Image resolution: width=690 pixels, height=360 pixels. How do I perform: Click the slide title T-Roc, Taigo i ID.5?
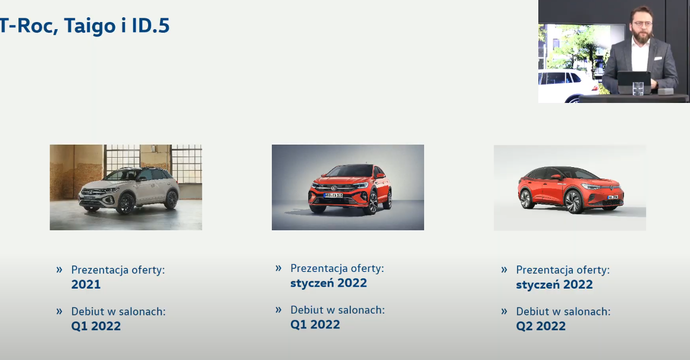tap(84, 26)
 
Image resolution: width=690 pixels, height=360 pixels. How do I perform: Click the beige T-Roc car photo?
tap(126, 187)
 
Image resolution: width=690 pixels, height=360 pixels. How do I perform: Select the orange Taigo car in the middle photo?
tap(350, 189)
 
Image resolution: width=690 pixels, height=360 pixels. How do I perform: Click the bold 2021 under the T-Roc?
tap(86, 284)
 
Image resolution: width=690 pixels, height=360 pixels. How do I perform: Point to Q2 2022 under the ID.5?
tap(541, 326)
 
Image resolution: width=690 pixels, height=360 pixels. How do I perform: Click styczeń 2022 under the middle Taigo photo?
tap(329, 283)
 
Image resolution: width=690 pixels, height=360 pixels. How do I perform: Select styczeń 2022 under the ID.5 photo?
tap(554, 285)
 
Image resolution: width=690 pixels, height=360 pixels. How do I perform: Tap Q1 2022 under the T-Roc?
tap(96, 326)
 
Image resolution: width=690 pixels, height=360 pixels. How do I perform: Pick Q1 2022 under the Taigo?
tap(315, 325)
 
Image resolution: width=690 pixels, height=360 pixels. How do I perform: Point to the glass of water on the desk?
tap(638, 88)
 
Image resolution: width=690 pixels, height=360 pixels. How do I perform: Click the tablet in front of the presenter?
tap(634, 82)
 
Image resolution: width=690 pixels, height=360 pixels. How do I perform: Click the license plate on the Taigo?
tap(333, 195)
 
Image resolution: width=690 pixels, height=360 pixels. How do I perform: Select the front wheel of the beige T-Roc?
tap(126, 204)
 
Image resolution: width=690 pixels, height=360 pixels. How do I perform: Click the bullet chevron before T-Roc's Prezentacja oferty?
tap(59, 270)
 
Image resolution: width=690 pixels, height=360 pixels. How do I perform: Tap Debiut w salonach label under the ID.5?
tap(563, 312)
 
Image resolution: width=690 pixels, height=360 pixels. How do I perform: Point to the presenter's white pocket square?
tap(658, 58)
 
